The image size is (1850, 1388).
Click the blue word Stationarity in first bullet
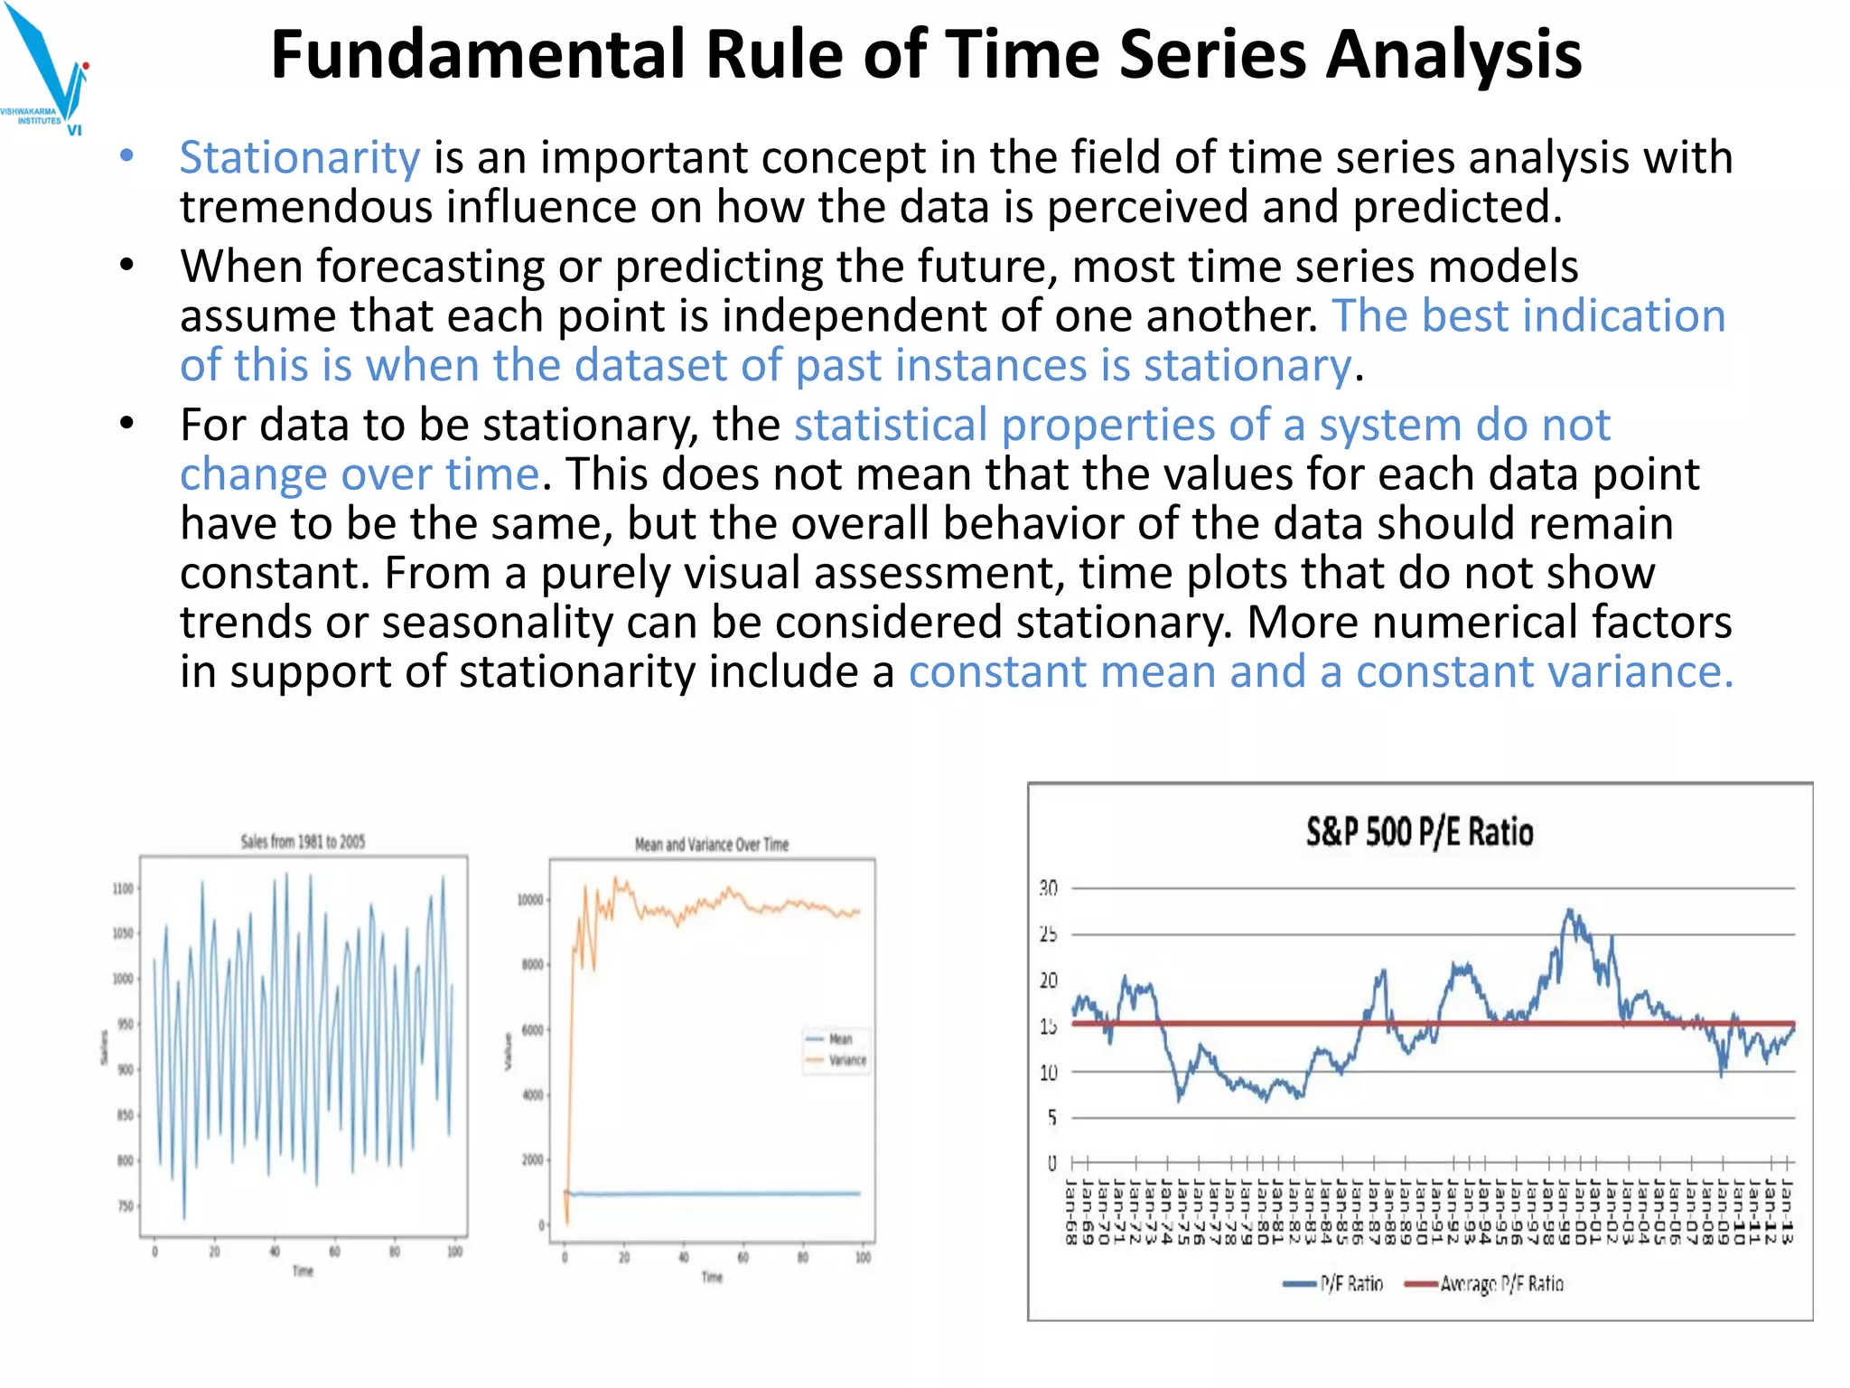(x=299, y=158)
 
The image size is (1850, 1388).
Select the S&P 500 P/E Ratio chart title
(x=1419, y=831)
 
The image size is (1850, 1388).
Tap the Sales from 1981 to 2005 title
(x=303, y=841)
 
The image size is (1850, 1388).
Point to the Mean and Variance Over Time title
(x=712, y=845)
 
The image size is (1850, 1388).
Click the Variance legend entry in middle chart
(x=846, y=1060)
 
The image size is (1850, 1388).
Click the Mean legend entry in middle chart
(x=839, y=1038)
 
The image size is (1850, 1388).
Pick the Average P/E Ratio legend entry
(x=1500, y=1283)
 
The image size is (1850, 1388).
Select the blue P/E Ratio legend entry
(x=1350, y=1283)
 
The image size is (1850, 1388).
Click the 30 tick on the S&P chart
(x=1048, y=888)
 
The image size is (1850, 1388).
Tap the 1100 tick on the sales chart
(x=122, y=888)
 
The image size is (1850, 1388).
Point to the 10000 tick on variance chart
(x=529, y=900)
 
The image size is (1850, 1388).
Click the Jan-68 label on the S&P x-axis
(x=1072, y=1211)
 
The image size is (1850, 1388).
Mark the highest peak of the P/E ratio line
(x=1570, y=911)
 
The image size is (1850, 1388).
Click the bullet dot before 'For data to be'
(x=126, y=423)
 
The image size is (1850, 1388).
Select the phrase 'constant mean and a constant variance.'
(x=1321, y=672)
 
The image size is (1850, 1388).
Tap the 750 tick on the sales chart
(x=125, y=1206)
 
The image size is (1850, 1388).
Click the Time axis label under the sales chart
(x=303, y=1271)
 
